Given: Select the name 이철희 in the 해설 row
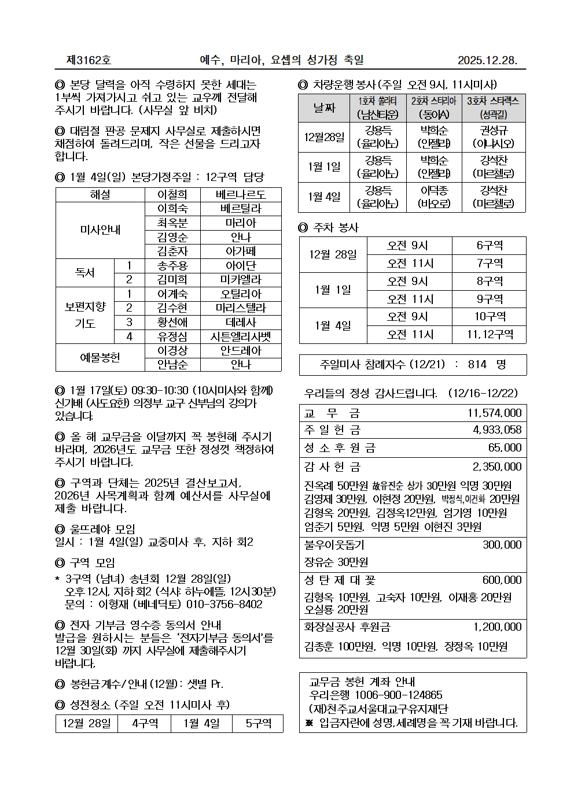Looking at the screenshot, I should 172,195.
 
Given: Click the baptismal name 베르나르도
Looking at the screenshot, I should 241,195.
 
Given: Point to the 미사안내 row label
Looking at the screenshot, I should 100,230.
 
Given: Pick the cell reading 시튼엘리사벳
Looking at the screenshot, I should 241,336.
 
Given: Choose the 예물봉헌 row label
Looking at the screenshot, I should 100,357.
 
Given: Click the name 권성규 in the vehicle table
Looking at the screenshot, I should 494,131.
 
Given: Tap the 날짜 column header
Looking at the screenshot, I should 324,107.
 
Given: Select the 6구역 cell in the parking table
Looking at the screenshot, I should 490,246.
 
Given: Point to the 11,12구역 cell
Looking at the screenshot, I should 490,334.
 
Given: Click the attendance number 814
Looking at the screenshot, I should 477,364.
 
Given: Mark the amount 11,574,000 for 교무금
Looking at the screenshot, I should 494,413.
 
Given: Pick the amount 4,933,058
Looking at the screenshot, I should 497,429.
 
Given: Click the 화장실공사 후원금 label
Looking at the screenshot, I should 347,627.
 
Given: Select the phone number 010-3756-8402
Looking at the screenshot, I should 224,604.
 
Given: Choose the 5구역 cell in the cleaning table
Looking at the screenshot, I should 257,724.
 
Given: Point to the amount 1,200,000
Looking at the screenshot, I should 497,627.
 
